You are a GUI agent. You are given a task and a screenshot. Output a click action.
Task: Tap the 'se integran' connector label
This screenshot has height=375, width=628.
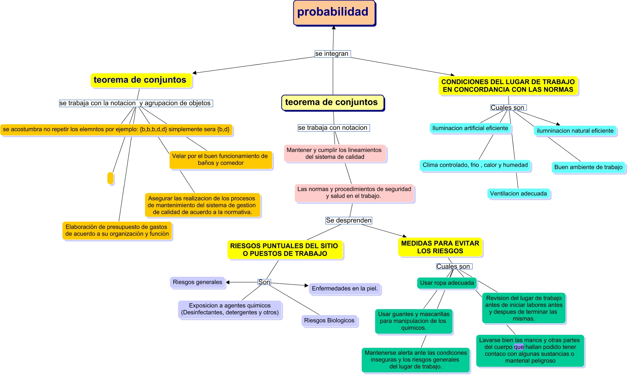click(x=332, y=54)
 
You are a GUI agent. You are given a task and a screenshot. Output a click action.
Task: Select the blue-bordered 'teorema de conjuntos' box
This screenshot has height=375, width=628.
click(x=332, y=103)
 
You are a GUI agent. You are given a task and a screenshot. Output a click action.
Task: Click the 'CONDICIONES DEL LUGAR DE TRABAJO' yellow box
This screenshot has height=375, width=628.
click(x=508, y=86)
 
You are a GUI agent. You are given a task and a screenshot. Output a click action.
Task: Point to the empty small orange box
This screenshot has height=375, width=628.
click(x=110, y=178)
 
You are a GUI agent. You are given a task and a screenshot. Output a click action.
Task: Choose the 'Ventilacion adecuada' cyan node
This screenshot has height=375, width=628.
click(x=518, y=194)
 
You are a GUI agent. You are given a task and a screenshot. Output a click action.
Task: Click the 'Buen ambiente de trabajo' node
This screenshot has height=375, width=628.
click(x=588, y=167)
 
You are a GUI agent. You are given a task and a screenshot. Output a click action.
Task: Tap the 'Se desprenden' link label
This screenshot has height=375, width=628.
click(x=348, y=221)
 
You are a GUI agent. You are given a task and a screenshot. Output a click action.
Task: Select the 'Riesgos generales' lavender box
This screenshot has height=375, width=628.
click(x=197, y=282)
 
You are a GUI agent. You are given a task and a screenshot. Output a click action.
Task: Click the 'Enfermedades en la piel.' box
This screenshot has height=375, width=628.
click(x=345, y=289)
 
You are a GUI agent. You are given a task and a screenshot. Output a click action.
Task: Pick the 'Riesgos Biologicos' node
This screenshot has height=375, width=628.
click(x=329, y=321)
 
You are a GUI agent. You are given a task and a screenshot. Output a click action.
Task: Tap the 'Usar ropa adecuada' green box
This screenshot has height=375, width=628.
click(x=447, y=283)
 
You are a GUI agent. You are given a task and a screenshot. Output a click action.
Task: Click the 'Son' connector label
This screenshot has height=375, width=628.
click(x=264, y=282)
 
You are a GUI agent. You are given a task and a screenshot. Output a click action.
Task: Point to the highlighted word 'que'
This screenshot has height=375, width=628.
click(x=519, y=347)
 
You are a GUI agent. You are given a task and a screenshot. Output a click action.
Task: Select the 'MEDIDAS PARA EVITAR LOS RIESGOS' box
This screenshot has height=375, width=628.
click(x=440, y=247)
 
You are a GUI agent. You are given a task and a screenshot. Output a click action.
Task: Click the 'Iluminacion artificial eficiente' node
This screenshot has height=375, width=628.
click(x=470, y=128)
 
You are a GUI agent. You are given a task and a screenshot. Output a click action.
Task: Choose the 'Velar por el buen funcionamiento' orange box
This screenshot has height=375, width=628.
click(x=220, y=160)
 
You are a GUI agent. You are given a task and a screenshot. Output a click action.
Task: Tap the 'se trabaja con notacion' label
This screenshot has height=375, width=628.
click(x=333, y=128)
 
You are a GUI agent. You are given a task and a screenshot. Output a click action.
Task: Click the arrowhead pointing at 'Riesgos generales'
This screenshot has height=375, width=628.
click(x=228, y=282)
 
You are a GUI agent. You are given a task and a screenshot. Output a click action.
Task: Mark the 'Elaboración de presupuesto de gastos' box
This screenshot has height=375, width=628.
click(x=117, y=231)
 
